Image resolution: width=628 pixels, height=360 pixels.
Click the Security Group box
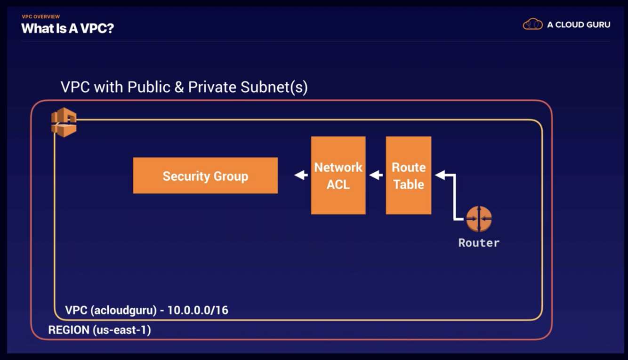tap(205, 176)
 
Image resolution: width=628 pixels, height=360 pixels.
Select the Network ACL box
tap(338, 176)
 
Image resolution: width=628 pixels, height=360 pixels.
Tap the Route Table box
tap(408, 176)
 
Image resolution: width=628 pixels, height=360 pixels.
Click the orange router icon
tap(479, 219)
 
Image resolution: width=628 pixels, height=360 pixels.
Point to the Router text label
tap(479, 243)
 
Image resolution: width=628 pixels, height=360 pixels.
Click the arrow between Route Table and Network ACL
tap(376, 176)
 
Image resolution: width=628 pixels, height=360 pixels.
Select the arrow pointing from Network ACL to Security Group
tap(301, 176)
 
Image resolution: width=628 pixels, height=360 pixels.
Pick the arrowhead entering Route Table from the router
tap(440, 175)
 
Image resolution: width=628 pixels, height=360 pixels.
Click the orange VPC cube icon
tap(64, 122)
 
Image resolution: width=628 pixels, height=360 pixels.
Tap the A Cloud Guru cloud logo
tap(533, 24)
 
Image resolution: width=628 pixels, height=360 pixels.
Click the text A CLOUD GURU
tap(579, 24)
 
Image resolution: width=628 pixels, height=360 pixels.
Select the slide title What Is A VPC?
tap(68, 28)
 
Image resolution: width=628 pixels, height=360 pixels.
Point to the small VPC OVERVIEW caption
tap(40, 17)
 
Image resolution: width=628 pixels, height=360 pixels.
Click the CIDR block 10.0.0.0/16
tap(198, 311)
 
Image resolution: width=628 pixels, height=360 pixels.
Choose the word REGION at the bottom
tap(69, 330)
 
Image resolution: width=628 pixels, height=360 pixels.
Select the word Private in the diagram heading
tap(212, 87)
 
